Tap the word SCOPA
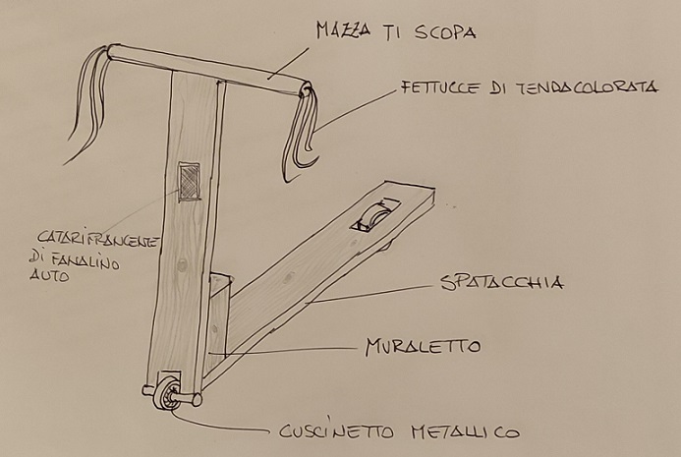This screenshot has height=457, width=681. tap(445, 32)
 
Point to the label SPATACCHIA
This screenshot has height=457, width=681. tap(502, 282)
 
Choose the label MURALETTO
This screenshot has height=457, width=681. tap(423, 347)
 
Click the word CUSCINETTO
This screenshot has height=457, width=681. tap(336, 430)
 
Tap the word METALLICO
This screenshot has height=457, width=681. tap(464, 431)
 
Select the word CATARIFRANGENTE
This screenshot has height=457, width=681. tap(97, 239)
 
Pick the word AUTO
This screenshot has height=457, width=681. tap(49, 275)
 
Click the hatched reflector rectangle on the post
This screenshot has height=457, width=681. tap(190, 182)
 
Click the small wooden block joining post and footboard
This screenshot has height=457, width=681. tap(218, 314)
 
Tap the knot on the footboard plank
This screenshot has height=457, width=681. tap(288, 277)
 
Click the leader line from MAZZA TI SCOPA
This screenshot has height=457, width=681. tap(288, 64)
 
